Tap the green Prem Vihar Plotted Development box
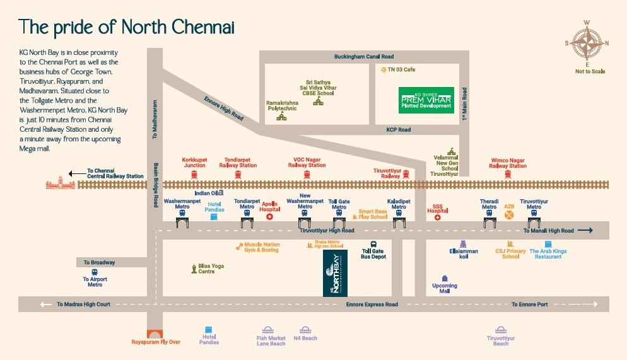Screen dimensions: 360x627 [x=426, y=100]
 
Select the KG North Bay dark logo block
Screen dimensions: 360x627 [x=335, y=273]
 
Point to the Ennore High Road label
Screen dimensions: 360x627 [x=223, y=108]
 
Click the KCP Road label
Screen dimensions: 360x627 [x=398, y=130]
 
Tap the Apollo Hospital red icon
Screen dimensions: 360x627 [x=270, y=216]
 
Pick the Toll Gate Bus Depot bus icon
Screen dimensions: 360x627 [x=373, y=244]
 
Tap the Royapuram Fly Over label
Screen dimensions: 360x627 [x=156, y=342]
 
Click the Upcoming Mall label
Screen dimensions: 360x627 [x=445, y=289]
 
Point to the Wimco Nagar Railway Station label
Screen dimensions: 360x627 [x=508, y=163]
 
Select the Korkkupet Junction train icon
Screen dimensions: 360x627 [x=194, y=174]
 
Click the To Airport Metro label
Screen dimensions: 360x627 [x=95, y=281]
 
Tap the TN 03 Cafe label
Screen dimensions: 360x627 [x=401, y=69]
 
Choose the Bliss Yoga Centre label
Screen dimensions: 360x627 [x=211, y=269]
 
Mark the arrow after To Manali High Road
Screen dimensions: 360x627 [x=585, y=231]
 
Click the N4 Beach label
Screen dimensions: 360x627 [x=305, y=339]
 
